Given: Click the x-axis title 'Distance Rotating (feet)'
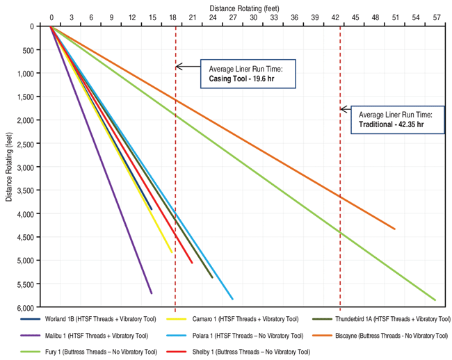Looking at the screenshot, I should pyautogui.click(x=243, y=6).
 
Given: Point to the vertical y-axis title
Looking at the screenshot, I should pyautogui.click(x=9, y=166).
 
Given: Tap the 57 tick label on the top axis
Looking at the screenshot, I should pyautogui.click(x=436, y=16).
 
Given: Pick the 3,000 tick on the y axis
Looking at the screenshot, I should pyautogui.click(x=29, y=167).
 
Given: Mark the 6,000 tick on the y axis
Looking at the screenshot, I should pyautogui.click(x=29, y=307).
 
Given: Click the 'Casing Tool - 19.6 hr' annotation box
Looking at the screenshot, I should pyautogui.click(x=248, y=74).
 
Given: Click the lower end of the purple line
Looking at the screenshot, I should pyautogui.click(x=152, y=293).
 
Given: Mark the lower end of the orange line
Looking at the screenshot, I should pyautogui.click(x=395, y=229).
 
